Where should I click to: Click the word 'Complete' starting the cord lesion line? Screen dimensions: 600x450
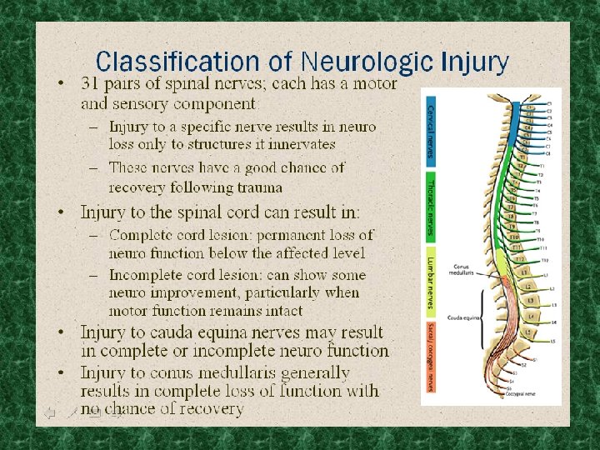pos(143,235)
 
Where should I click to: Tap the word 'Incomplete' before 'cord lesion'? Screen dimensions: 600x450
pos(149,274)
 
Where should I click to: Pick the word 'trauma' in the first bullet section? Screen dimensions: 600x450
pos(258,187)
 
